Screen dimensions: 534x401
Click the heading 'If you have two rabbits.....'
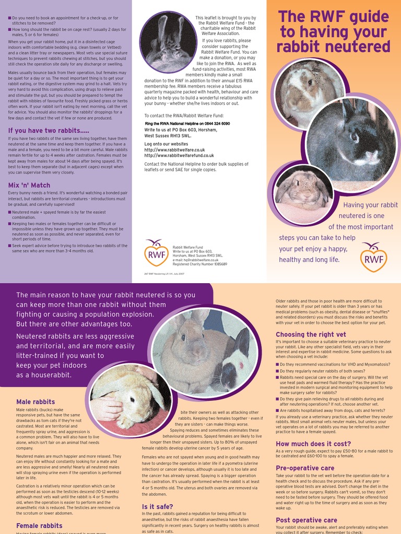coord(49,130)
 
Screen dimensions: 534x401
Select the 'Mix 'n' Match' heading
coord(29,185)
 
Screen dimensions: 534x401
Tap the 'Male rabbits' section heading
coord(36,402)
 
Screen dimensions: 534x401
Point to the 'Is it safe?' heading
coord(158,506)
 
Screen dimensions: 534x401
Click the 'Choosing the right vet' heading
coord(311,334)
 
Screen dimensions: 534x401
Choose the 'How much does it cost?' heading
coord(313,444)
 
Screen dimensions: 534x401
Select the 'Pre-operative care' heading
coord(305,468)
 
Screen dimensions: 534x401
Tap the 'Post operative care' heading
coord(306,520)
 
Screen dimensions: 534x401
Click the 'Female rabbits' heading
coord(39,526)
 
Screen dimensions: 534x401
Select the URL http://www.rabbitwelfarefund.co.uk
coord(179,155)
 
